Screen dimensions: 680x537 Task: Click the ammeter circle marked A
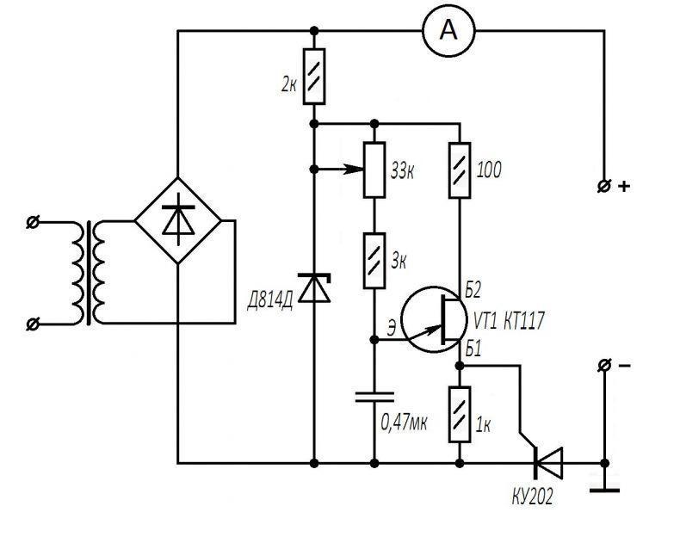coord(448,31)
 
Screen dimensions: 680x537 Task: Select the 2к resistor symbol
coord(314,77)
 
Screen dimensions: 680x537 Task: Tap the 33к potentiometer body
coord(374,170)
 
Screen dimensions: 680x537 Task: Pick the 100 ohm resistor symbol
coord(460,170)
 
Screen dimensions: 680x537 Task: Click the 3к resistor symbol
coord(374,261)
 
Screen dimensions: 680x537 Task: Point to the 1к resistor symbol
coord(460,414)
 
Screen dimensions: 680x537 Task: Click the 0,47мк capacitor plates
coord(374,397)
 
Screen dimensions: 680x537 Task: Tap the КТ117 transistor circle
coord(434,319)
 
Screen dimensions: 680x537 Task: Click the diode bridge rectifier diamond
coord(178,220)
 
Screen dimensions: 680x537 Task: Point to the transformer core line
coord(89,273)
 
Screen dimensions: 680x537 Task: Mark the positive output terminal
coord(603,187)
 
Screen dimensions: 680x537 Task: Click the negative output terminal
coord(603,366)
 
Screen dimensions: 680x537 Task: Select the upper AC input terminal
coord(32,222)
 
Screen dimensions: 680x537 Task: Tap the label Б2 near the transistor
coord(473,291)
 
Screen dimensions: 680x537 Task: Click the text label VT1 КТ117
coord(508,321)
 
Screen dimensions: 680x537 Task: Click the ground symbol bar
coord(604,491)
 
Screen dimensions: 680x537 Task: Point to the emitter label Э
coord(391,329)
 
